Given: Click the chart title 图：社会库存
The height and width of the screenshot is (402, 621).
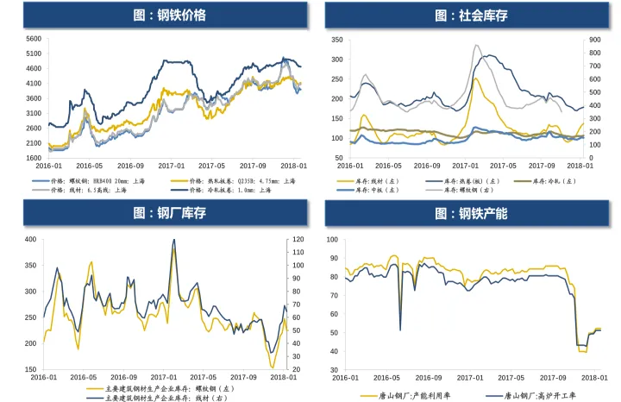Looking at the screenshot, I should coord(466,15).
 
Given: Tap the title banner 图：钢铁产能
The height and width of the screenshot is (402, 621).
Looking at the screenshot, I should coord(466,213).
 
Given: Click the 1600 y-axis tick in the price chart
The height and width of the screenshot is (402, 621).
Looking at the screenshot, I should coord(32,159).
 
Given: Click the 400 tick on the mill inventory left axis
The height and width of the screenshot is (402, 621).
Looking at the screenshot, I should coord(30,240).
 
